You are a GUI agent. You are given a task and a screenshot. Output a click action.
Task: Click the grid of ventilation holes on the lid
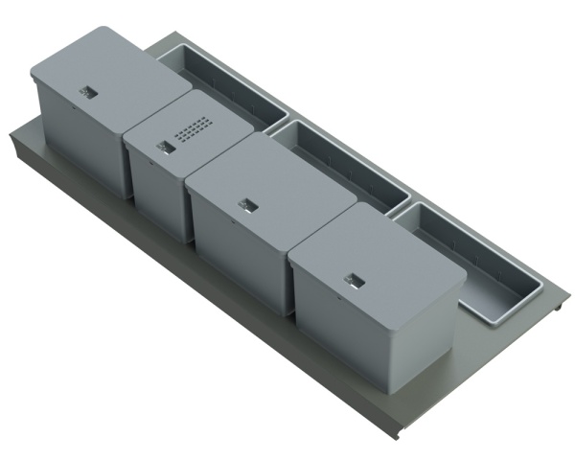click(x=194, y=127)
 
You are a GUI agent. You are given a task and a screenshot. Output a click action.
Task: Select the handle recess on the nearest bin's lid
click(x=355, y=278)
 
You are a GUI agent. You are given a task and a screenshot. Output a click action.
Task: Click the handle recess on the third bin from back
click(x=249, y=204)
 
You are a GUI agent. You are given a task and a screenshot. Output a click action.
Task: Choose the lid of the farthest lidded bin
click(x=105, y=72)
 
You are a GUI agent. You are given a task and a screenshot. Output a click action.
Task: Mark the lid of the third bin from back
click(x=264, y=182)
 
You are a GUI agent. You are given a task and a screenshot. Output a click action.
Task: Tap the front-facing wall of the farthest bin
click(x=77, y=144)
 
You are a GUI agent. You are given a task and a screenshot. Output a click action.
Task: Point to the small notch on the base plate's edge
click(x=560, y=307)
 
